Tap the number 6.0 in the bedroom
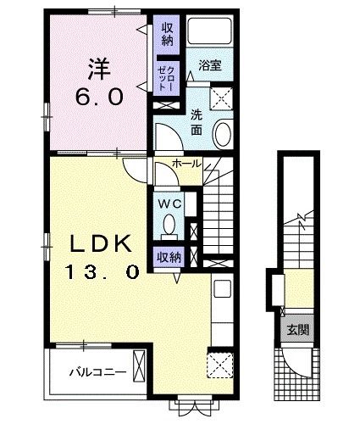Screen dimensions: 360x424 [99, 97]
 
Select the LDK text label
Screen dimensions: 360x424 [101, 244]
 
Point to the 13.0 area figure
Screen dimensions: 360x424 [102, 272]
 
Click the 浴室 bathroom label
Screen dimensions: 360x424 [210, 65]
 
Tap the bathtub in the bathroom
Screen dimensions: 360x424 [210, 31]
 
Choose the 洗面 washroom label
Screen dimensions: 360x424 [197, 122]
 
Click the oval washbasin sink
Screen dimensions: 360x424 [223, 134]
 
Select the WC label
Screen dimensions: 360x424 [169, 204]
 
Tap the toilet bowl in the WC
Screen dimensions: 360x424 [169, 224]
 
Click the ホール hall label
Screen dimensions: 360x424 [186, 163]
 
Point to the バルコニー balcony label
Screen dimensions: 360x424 [97, 372]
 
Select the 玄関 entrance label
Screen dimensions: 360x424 [298, 330]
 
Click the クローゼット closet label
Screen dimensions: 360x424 [166, 77]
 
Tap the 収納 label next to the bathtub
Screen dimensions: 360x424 [168, 35]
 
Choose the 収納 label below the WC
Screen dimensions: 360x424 [169, 257]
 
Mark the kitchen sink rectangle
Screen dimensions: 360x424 [223, 288]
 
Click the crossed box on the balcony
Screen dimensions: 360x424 [139, 366]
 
